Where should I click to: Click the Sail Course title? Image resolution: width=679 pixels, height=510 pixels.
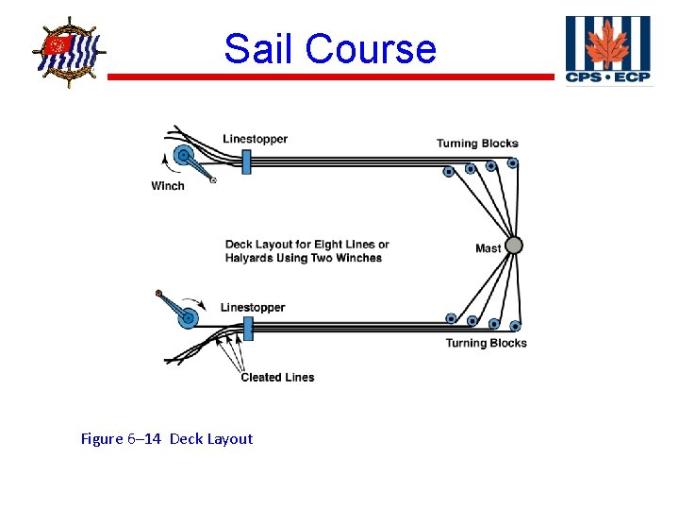330,49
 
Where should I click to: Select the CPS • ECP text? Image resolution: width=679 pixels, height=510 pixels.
608,76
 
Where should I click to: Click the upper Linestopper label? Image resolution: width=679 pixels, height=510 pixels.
255,139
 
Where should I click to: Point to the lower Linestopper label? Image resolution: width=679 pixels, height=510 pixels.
252,307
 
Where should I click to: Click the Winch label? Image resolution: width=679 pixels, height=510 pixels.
168,186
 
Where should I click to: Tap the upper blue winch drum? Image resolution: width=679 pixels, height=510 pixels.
185,157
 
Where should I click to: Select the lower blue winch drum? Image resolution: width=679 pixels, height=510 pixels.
187,316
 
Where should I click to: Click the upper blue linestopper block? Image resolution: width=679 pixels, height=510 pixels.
246,161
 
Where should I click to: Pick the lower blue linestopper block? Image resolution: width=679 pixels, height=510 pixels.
249,329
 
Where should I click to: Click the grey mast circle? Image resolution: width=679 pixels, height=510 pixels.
514,246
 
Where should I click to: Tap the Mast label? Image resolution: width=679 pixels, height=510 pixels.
488,248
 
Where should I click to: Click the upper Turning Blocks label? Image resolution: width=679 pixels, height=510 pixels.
477,144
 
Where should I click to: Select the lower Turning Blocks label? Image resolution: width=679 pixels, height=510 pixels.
486,343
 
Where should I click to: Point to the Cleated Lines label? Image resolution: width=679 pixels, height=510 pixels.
277,377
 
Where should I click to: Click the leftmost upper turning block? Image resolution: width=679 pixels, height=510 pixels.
449,172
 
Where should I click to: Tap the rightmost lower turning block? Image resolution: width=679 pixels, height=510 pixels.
515,326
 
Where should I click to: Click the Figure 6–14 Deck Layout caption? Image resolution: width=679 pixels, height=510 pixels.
167,438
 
